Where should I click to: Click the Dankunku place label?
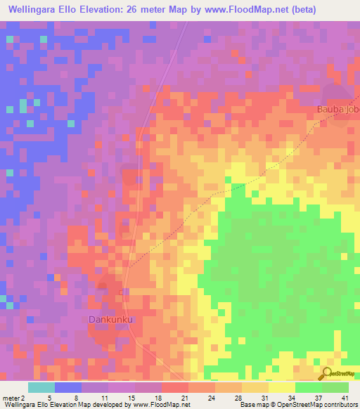110,320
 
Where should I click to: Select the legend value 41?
345,397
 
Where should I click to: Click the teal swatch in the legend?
41,387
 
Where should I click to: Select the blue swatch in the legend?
68,387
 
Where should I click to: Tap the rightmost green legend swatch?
335,387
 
